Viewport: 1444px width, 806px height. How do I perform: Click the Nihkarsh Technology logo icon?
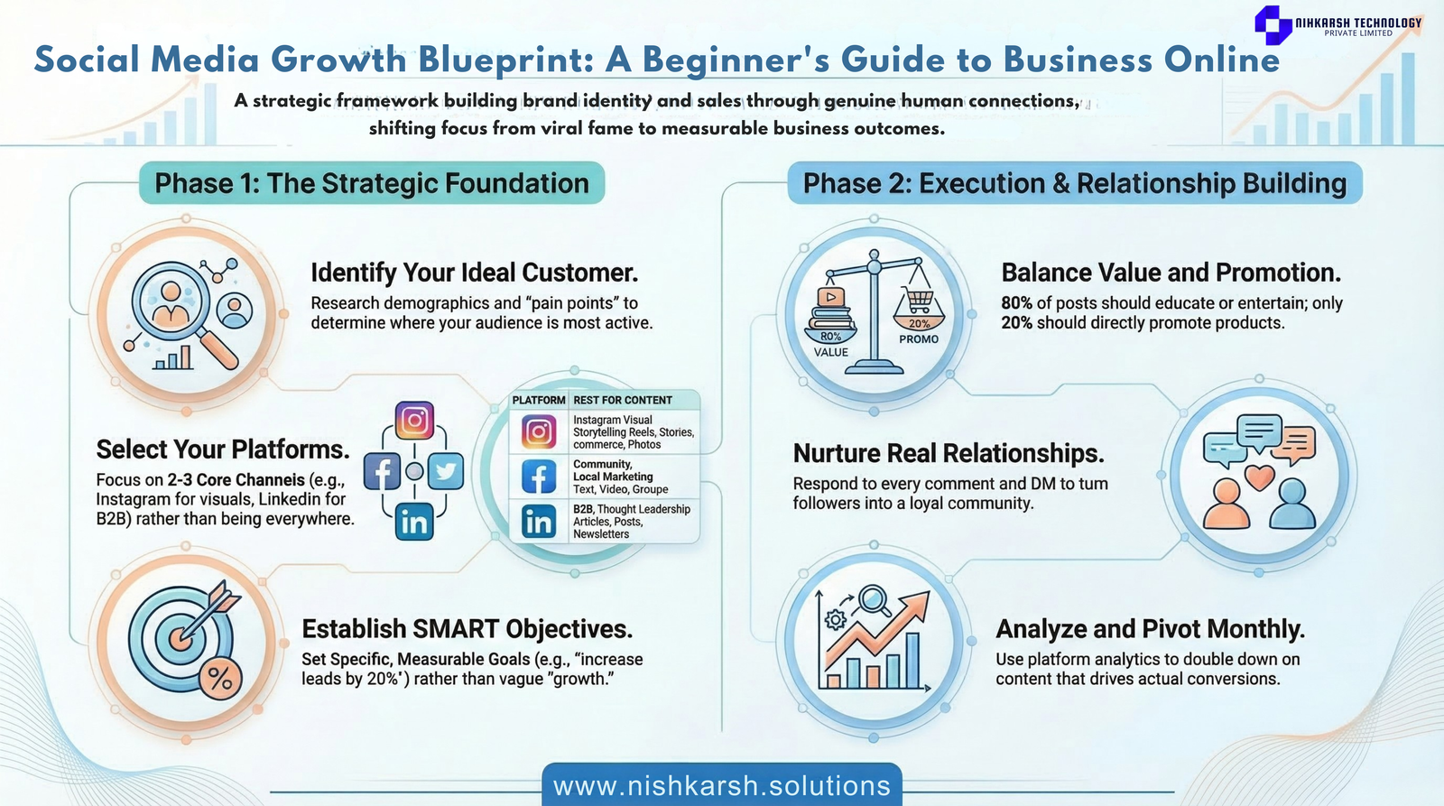coord(1273,24)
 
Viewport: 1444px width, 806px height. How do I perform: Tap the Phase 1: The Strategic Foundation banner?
coord(372,183)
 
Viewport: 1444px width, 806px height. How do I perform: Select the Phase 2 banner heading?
coord(1075,183)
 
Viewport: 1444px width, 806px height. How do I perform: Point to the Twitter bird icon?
coord(446,471)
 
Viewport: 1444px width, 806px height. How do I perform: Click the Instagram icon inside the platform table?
coord(538,432)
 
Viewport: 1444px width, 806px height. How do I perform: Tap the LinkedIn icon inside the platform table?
coord(538,522)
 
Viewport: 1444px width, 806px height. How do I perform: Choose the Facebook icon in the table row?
coord(538,477)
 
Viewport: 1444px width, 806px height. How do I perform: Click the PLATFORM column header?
coord(538,401)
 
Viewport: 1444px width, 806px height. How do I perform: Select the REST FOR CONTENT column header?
coord(623,401)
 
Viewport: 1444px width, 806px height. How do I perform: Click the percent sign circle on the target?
coord(220,679)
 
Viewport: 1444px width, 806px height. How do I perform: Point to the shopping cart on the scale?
coord(919,300)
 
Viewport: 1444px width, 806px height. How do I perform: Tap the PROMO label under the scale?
coord(919,339)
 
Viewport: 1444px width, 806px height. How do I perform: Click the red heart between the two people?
coord(1260,477)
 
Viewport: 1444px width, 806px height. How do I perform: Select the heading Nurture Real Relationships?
coord(949,453)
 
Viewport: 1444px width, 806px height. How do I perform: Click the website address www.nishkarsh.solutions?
coord(722,786)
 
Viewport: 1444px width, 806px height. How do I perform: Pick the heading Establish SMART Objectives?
coord(467,629)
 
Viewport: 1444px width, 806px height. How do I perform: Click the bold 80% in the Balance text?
coord(1016,303)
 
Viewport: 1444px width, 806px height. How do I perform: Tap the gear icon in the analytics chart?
coord(836,620)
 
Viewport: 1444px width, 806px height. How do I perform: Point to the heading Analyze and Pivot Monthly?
coord(1150,629)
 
